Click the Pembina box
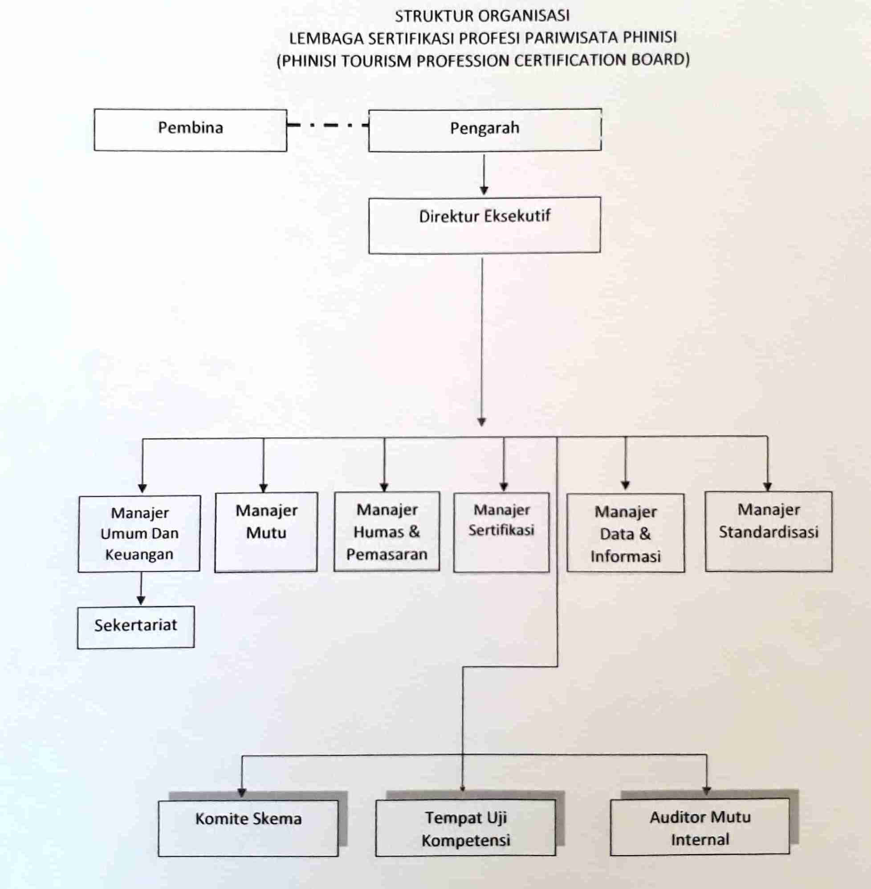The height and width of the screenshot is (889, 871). point(190,130)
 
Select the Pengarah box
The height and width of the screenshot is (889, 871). point(484,130)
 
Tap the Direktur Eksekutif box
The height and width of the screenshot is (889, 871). point(484,225)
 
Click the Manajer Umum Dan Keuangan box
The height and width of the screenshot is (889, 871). point(139,533)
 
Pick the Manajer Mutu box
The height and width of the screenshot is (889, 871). point(266,532)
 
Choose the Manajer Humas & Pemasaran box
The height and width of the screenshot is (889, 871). point(387,532)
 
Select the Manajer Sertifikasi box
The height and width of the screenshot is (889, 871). point(501,532)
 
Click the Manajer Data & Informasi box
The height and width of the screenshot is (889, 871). point(625,533)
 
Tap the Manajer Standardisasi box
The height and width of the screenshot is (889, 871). point(769,532)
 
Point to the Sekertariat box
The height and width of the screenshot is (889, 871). point(136,627)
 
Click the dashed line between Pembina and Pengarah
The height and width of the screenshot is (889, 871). point(328,124)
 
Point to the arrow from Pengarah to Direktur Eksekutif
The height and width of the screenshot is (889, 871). point(484,174)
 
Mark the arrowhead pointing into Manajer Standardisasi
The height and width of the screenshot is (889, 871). point(768,487)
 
